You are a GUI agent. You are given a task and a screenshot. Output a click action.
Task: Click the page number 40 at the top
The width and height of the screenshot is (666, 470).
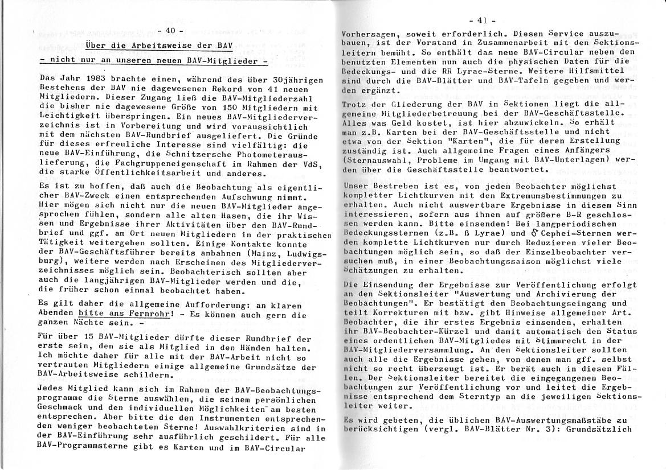pos(170,30)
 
